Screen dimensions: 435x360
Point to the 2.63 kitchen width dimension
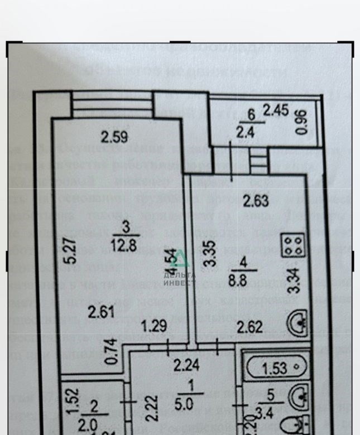coord(257,199)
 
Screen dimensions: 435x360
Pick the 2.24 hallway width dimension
coord(185,365)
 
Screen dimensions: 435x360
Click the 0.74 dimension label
coord(111,352)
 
